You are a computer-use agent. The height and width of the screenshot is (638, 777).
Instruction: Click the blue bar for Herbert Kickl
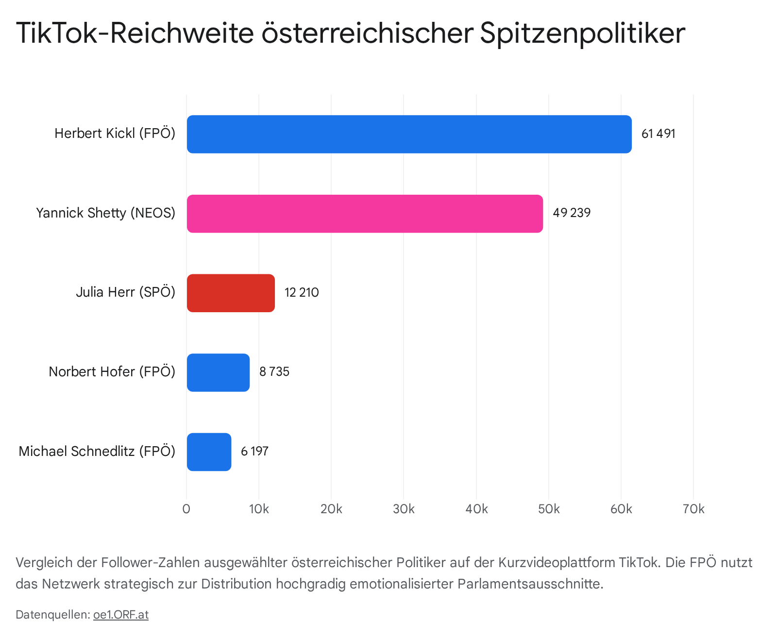(x=409, y=134)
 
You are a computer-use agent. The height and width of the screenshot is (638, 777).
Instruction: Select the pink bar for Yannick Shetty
(x=365, y=214)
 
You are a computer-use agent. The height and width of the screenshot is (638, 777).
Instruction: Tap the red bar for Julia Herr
(x=231, y=293)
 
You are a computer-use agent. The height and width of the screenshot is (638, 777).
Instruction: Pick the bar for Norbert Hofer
(x=218, y=372)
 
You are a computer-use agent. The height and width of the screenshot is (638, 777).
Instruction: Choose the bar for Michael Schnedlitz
(x=209, y=452)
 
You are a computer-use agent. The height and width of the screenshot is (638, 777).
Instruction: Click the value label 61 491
(x=658, y=134)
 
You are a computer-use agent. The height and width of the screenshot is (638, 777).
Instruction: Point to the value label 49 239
(x=572, y=213)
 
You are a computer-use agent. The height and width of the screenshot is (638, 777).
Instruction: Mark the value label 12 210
(x=302, y=293)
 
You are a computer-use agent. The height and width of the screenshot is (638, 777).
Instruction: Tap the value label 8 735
(x=274, y=372)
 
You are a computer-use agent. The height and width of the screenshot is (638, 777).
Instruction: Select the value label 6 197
(x=254, y=452)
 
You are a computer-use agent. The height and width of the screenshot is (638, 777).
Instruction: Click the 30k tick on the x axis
(x=404, y=509)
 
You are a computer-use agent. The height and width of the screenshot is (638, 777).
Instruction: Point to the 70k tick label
(x=693, y=509)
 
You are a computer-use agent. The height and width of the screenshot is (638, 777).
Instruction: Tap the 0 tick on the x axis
(x=186, y=509)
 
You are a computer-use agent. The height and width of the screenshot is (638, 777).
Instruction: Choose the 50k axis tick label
(x=549, y=509)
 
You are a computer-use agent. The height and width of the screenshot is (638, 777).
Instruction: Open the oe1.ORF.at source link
(x=121, y=615)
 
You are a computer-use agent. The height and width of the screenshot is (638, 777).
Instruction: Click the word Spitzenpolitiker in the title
(x=582, y=33)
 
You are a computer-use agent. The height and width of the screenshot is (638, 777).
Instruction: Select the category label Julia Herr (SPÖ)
(x=125, y=292)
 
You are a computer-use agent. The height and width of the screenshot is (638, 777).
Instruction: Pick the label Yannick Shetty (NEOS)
(x=105, y=213)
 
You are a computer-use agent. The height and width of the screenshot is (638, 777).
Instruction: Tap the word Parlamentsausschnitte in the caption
(x=530, y=584)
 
